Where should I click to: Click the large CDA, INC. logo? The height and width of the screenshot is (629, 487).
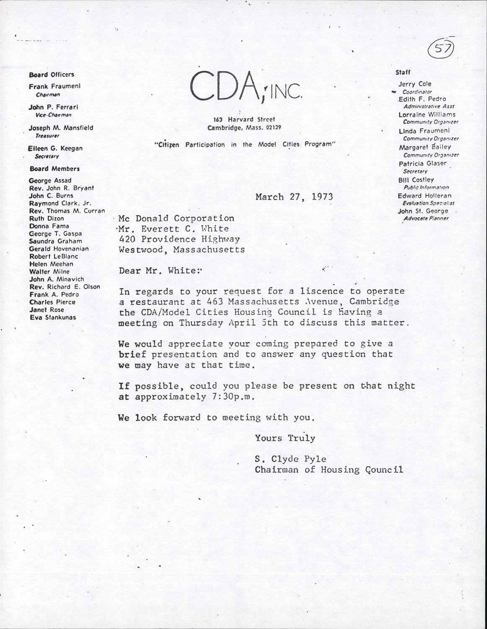pyautogui.click(x=246, y=86)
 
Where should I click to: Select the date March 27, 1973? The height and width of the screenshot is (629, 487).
pyautogui.click(x=294, y=197)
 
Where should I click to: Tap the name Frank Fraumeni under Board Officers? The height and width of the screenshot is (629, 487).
pyautogui.click(x=54, y=86)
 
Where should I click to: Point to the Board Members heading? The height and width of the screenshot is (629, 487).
pyautogui.click(x=54, y=169)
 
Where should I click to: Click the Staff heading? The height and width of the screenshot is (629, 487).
pyautogui.click(x=403, y=73)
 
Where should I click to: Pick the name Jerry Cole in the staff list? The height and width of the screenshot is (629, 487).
pyautogui.click(x=414, y=84)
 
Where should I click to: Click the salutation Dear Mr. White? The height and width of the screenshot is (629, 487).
pyautogui.click(x=161, y=270)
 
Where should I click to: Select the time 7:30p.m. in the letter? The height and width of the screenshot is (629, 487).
pyautogui.click(x=231, y=397)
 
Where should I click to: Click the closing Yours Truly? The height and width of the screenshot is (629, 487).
pyautogui.click(x=285, y=438)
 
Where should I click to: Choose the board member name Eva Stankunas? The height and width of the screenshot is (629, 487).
pyautogui.click(x=53, y=317)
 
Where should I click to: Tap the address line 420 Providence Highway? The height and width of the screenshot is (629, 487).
pyautogui.click(x=179, y=239)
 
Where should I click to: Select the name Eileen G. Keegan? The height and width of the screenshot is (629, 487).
pyautogui.click(x=55, y=148)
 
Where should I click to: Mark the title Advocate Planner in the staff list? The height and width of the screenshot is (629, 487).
pyautogui.click(x=426, y=218)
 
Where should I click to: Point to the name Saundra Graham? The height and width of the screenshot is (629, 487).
pyautogui.click(x=55, y=241)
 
